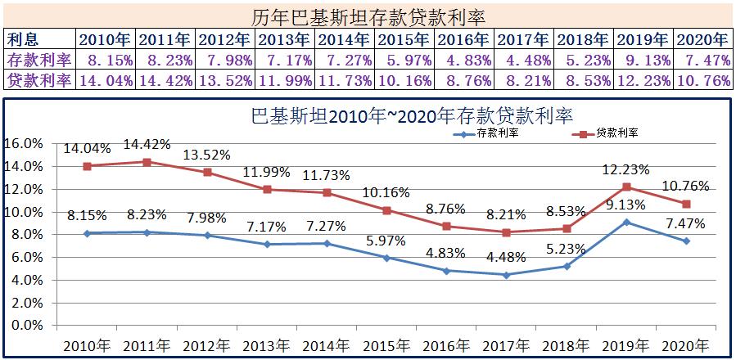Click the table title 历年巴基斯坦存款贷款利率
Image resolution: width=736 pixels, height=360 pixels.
click(367, 16)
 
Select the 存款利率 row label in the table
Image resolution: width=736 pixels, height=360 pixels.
click(38, 59)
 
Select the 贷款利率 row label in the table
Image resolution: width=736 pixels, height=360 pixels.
click(38, 80)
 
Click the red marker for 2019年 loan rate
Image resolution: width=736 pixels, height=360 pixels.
click(626, 187)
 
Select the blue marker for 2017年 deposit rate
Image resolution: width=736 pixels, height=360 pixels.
click(507, 275)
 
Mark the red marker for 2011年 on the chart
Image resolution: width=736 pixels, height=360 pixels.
click(147, 162)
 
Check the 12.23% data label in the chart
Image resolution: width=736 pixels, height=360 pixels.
click(625, 170)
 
